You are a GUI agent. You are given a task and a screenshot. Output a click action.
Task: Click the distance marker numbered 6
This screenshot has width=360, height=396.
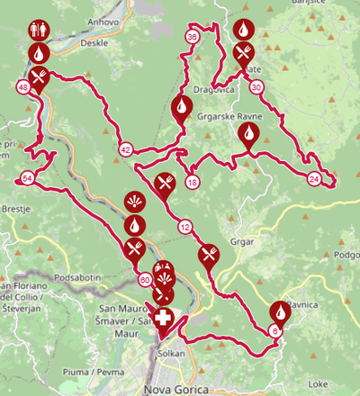(x=274, y=330)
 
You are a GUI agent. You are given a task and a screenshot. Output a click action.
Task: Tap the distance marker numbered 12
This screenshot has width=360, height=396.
(x=184, y=226)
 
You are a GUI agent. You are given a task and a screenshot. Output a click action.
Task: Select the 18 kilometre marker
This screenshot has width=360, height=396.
(x=192, y=183)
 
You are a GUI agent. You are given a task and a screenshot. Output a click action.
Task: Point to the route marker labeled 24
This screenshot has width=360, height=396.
(x=313, y=178)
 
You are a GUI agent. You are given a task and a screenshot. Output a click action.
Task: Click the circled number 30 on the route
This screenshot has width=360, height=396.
(x=256, y=87)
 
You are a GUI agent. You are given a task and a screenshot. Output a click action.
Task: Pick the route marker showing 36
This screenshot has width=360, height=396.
(x=192, y=37)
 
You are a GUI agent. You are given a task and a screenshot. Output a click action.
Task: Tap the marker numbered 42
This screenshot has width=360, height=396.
(x=125, y=149)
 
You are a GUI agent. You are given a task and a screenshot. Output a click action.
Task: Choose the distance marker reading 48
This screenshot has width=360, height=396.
(x=22, y=87)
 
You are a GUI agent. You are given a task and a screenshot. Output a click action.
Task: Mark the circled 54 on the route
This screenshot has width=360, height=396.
(x=28, y=178)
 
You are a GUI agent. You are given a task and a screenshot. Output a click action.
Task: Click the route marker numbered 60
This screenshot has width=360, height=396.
(x=145, y=279)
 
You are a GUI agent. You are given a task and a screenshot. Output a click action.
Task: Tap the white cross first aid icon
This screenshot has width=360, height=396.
(x=163, y=319)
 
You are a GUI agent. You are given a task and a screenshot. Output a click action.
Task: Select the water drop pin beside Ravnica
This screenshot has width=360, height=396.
(x=281, y=310)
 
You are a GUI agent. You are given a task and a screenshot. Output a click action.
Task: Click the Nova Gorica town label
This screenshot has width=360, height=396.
(x=175, y=389)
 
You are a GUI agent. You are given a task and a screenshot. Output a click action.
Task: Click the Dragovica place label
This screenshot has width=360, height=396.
(x=214, y=90)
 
